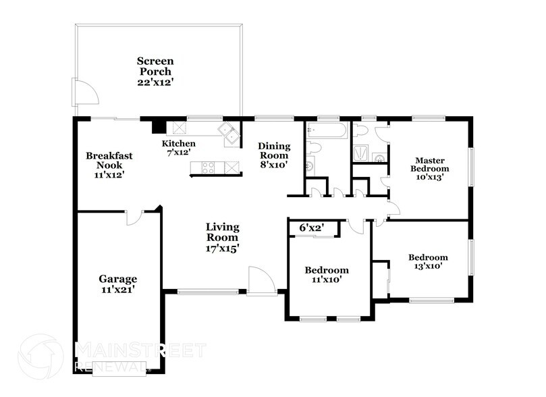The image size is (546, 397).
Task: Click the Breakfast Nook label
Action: (x=109, y=160)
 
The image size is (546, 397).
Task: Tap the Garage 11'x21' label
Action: (x=118, y=284)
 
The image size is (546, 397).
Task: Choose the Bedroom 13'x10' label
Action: (x=428, y=262)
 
